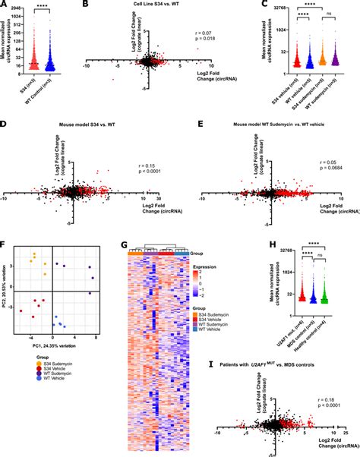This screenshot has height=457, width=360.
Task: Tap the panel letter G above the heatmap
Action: pyautogui.click(x=125, y=244)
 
